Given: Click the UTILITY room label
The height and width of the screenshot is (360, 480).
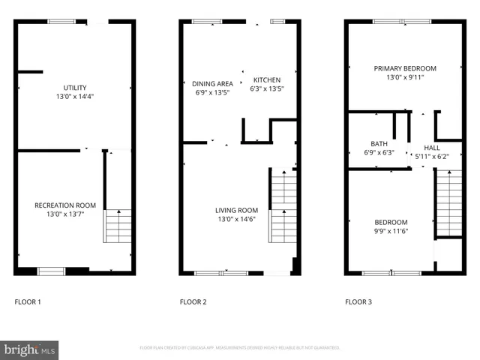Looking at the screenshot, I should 74,88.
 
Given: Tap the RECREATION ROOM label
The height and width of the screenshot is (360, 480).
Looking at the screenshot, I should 65,205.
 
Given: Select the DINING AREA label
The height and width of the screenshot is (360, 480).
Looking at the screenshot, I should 212,83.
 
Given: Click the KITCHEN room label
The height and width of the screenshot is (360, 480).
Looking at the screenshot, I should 267,80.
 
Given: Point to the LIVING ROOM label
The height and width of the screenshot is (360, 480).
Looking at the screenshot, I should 237,210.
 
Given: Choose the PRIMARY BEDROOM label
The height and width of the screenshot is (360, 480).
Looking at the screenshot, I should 405,68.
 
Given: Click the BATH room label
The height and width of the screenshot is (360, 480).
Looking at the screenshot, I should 379,144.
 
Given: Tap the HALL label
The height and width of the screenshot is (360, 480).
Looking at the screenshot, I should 432,148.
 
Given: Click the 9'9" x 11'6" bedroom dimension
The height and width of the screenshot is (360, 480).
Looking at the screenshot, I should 391,231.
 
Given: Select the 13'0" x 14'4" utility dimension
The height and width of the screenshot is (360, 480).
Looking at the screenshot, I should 74,97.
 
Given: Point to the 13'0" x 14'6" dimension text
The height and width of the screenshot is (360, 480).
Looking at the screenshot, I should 237,220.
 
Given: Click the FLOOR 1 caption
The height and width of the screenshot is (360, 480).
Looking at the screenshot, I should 28,302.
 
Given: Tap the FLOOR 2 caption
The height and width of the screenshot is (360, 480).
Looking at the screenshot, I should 193,302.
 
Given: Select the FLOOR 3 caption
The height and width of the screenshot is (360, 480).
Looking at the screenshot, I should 358,302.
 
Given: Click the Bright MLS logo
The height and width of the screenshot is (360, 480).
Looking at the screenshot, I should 29,349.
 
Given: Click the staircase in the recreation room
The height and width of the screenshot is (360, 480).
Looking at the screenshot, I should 118,226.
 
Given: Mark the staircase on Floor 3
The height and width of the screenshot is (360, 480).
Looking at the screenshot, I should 449,202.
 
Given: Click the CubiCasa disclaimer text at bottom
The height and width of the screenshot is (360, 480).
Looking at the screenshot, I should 239,348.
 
